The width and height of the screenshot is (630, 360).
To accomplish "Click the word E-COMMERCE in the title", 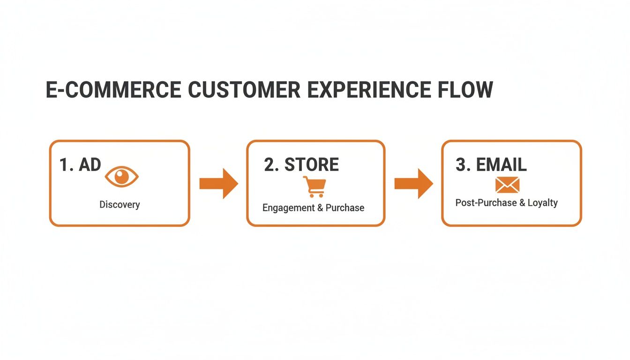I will [113, 90].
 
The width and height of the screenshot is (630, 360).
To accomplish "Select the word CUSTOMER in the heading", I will [244, 90].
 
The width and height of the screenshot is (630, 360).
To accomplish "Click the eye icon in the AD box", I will [122, 177].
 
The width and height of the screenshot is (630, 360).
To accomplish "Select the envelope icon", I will [507, 185].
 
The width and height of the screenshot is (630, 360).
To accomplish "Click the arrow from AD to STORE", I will [218, 183].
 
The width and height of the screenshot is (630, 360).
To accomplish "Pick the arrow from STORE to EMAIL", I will [413, 183].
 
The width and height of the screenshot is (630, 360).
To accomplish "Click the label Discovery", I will [120, 205].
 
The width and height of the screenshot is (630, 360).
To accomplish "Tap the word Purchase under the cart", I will [345, 208].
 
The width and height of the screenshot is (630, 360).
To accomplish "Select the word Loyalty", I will [542, 203].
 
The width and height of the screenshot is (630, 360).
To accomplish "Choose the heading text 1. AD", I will [80, 165].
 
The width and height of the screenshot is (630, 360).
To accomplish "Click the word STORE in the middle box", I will [311, 165].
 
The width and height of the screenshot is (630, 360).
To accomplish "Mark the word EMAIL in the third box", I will [501, 165].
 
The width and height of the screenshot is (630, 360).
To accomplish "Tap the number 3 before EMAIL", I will [460, 165].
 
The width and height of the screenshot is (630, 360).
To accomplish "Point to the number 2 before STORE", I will [269, 165].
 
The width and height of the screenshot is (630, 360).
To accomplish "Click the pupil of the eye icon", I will [122, 177].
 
